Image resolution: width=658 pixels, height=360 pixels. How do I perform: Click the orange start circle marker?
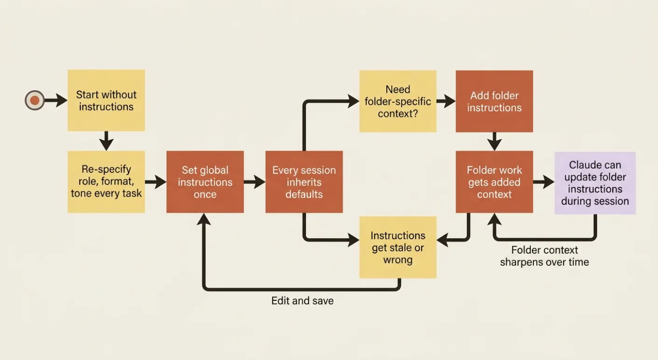pyautogui.click(x=35, y=100)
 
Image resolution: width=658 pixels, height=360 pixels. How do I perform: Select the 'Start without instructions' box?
pyautogui.click(x=106, y=100)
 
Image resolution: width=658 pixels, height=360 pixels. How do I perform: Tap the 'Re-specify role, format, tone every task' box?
pyautogui.click(x=106, y=182)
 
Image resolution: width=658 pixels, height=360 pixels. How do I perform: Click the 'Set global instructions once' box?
pyautogui.click(x=205, y=182)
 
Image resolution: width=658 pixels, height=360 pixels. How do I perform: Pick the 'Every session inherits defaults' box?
pyautogui.click(x=304, y=182)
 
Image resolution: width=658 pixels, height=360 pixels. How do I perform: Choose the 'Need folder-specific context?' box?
pyautogui.click(x=398, y=101)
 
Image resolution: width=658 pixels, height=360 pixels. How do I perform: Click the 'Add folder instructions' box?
pyautogui.click(x=494, y=101)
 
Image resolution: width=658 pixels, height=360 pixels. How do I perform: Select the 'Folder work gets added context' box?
pyautogui.click(x=494, y=182)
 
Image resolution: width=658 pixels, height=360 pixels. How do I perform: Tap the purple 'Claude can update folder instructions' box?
pyautogui.click(x=595, y=183)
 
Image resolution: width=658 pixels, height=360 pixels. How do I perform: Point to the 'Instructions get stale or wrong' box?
pyautogui.click(x=398, y=247)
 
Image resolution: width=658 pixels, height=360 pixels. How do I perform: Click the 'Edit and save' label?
pyautogui.click(x=302, y=301)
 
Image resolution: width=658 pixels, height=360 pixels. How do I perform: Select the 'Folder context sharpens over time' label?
pyautogui.click(x=544, y=256)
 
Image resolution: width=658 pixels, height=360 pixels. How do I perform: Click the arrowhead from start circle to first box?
pyautogui.click(x=62, y=100)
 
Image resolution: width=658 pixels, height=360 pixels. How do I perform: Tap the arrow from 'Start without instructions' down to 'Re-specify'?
pyautogui.click(x=106, y=141)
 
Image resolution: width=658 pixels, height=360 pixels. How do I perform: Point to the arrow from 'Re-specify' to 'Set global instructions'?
pyautogui.click(x=156, y=182)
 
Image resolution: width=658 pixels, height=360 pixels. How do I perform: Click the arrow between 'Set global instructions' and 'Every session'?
pyautogui.click(x=255, y=182)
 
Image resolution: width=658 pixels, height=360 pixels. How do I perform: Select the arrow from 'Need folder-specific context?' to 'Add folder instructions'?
pyautogui.click(x=446, y=101)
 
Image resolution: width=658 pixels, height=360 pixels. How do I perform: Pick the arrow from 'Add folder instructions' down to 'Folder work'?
pyautogui.click(x=494, y=141)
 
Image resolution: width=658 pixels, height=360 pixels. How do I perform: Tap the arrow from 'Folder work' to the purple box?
pyautogui.click(x=544, y=182)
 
